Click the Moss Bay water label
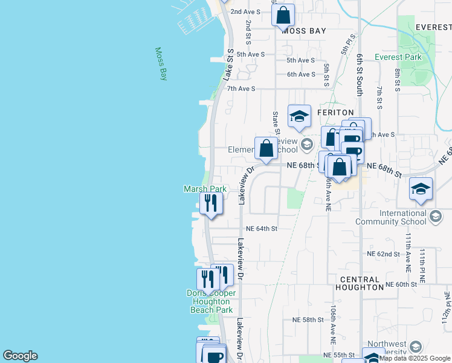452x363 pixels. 161,64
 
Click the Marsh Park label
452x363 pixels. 205,189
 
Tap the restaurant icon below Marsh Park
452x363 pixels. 210,203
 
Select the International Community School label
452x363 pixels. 403,217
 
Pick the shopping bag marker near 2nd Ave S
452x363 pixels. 283,15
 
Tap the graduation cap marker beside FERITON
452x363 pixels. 299,117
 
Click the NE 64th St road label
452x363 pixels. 262,229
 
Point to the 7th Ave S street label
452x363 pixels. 241,88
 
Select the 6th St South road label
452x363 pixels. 359,74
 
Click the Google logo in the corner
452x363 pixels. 20,356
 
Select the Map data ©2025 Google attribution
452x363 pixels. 415,358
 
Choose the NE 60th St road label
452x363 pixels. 401,284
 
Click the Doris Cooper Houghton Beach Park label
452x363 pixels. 211,301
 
